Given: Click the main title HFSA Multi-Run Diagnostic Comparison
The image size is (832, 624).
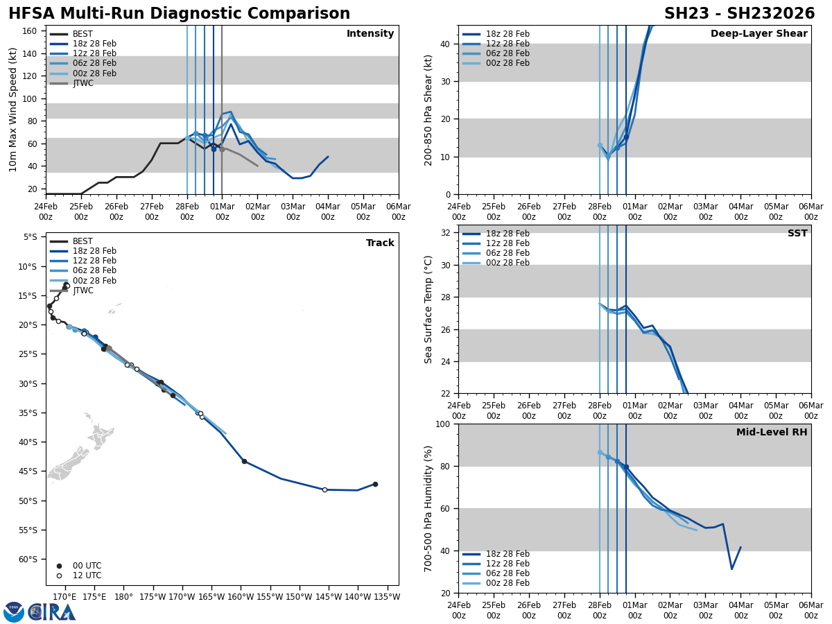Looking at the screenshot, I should (179, 14).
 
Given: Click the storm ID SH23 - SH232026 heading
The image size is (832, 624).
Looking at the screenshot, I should (739, 14).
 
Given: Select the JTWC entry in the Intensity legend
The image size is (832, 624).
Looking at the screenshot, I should (83, 83).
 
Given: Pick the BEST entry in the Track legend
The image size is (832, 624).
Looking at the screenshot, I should (83, 241).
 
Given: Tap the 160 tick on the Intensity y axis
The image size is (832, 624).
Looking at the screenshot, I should (31, 31).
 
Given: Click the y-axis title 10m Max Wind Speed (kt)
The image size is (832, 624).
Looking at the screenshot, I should (13, 110).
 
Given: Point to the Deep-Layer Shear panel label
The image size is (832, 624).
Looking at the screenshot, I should (759, 34).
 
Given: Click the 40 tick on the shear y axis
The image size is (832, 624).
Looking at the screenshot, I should (446, 44).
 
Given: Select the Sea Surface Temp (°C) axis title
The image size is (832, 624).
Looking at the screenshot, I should (428, 309).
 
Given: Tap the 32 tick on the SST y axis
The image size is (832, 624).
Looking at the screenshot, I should (446, 233).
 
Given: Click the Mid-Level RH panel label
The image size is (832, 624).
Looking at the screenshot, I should (772, 433).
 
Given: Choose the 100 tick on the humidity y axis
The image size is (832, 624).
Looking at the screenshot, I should (443, 424).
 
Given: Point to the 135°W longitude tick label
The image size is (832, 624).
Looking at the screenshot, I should (387, 597).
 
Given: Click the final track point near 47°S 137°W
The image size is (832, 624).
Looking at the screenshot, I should (375, 484).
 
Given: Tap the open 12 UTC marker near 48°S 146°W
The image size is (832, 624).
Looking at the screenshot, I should (324, 489).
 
